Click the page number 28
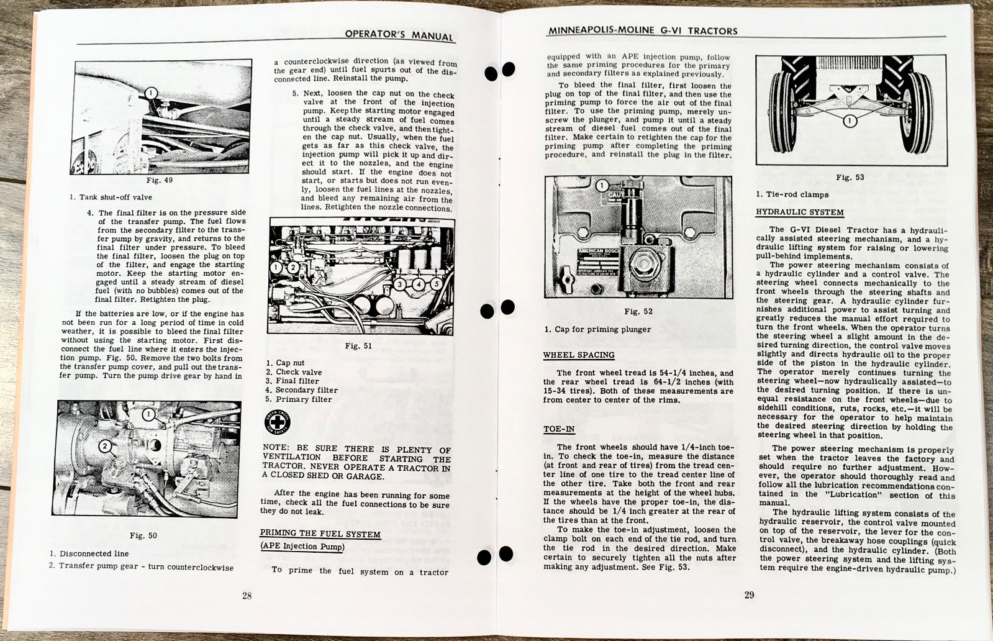pos(247,596)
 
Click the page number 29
pos(749,595)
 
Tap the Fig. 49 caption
pos(159,181)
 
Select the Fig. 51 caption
pos(358,346)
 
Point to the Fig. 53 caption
pos(850,178)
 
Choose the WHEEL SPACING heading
pos(579,355)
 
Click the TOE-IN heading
pos(559,429)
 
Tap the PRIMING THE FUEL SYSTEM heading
pos(320,534)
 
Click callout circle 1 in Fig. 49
pos(150,94)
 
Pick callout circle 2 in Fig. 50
pos(105,445)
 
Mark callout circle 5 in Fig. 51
pos(437,284)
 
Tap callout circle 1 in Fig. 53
pos(850,120)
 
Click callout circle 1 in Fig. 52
pos(602,185)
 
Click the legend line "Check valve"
pos(294,372)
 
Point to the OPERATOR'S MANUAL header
pos(399,35)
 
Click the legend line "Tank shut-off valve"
pos(111,198)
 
